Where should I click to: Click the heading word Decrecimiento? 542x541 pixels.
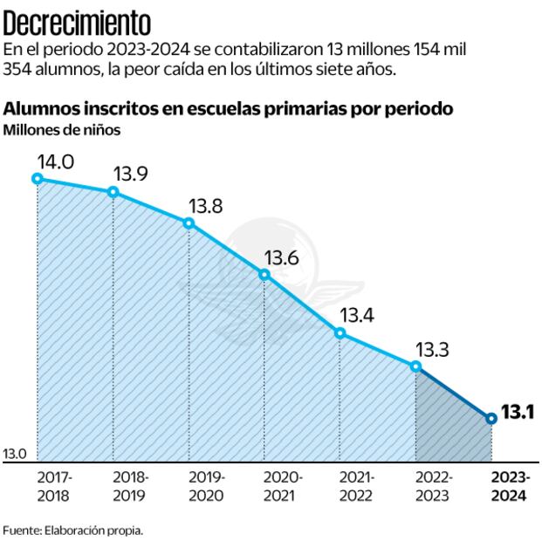tap(78, 20)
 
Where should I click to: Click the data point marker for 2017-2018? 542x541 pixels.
tap(38, 178)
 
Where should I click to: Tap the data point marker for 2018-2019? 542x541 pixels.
tap(113, 192)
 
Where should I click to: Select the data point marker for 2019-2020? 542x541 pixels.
tap(189, 223)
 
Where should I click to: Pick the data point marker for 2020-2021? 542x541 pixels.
tap(264, 275)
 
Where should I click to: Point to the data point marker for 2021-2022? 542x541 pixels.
tap(340, 332)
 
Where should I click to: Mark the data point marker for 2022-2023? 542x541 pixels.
tap(415, 366)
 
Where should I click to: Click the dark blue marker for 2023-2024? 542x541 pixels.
tap(491, 418)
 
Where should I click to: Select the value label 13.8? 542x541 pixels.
tap(205, 207)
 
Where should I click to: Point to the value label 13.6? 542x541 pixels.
tap(281, 258)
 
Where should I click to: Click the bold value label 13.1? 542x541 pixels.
tap(518, 414)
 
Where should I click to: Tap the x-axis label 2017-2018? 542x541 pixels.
tap(55, 487)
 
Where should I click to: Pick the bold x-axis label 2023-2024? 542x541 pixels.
tap(509, 487)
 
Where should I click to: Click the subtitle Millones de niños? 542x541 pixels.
tap(62, 131)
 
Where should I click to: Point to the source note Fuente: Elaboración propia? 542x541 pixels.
tap(72, 530)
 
